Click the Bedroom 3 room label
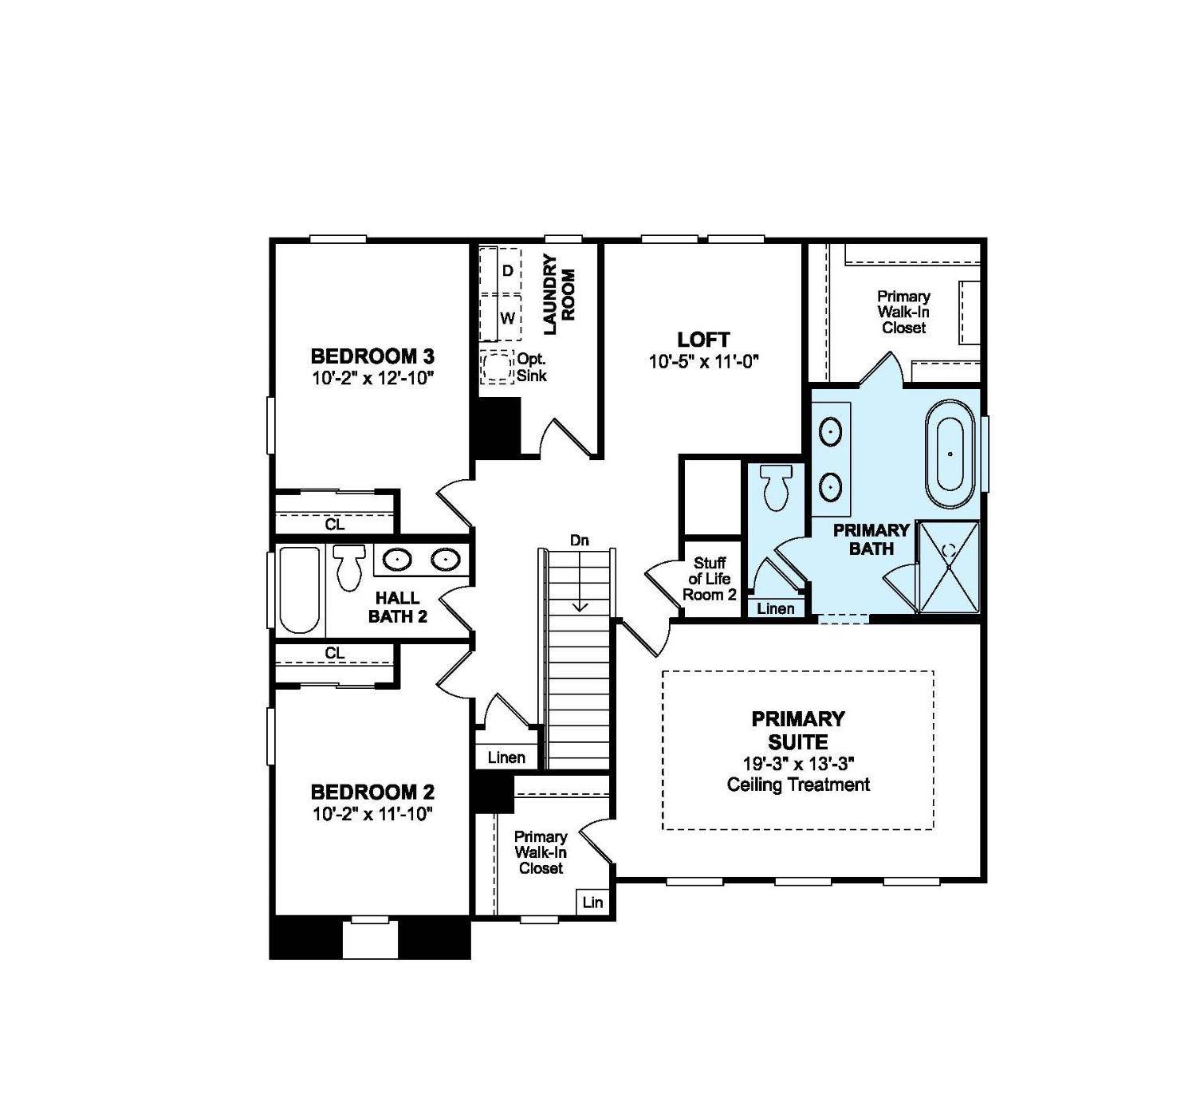(372, 356)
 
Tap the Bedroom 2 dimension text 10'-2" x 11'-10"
(372, 813)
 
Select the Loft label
(703, 340)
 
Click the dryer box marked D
(506, 271)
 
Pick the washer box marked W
(506, 318)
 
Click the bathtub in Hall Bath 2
(299, 590)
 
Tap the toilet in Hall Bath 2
(348, 566)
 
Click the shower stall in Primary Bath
(948, 567)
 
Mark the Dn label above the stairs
(580, 541)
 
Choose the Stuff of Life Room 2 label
(709, 579)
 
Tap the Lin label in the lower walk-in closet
(592, 902)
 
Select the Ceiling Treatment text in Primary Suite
(798, 785)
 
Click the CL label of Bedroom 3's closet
(335, 525)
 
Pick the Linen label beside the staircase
(506, 757)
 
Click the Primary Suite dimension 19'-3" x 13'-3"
(798, 762)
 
